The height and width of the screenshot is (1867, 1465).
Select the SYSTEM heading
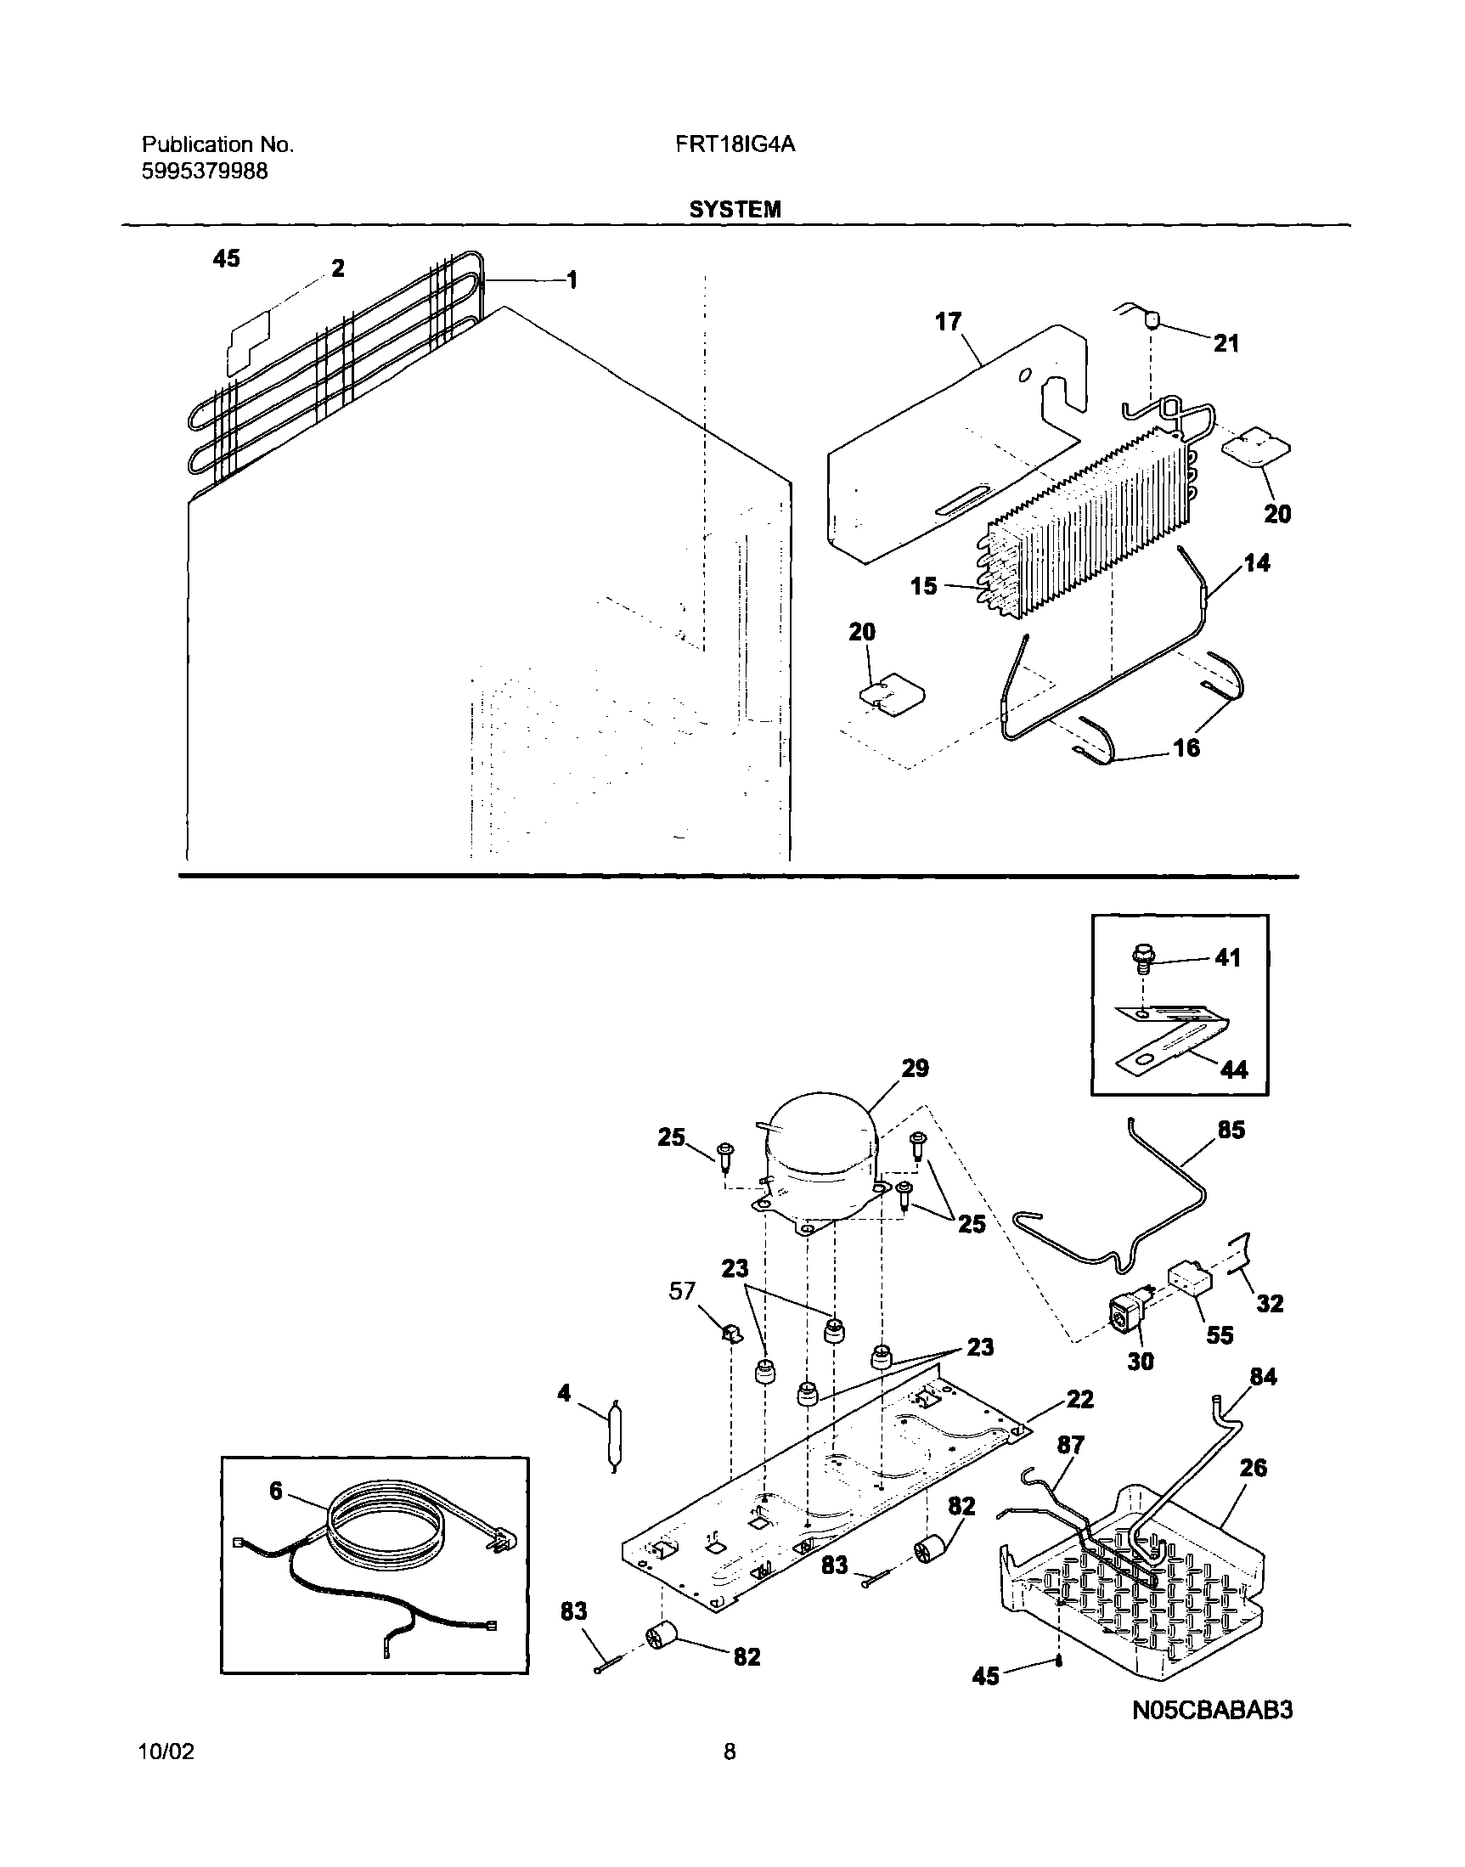click(735, 209)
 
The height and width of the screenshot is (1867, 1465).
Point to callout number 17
click(948, 322)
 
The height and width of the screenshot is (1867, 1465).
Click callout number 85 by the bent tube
click(1231, 1130)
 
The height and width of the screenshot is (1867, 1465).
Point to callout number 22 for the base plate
click(1080, 1399)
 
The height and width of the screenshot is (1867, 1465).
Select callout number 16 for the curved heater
click(1186, 747)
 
